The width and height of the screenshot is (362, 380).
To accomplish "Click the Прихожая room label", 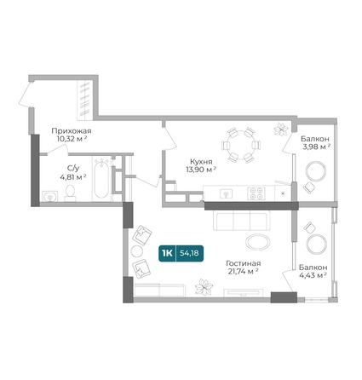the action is [x=72, y=131].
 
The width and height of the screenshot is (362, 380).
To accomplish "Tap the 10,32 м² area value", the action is [x=72, y=139].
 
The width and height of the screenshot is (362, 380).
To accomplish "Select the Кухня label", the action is [x=201, y=162].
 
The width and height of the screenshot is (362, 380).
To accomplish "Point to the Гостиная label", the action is [x=244, y=263].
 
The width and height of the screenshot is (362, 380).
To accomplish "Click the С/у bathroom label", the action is [x=73, y=169].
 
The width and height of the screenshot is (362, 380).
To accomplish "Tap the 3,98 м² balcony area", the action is [x=316, y=147].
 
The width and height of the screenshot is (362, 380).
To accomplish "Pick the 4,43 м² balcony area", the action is [x=313, y=275].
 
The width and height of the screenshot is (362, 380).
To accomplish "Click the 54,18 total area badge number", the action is [x=189, y=253].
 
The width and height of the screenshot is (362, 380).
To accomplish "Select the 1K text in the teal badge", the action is [x=167, y=253].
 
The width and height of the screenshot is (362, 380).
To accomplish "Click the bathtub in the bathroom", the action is [x=101, y=179].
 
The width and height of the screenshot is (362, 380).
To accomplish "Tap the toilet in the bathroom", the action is [x=70, y=193].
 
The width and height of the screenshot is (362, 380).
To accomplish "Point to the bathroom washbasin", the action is [x=50, y=196].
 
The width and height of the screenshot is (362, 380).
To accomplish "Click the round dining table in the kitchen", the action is [x=241, y=146].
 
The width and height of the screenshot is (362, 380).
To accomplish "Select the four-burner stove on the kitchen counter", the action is [x=256, y=193].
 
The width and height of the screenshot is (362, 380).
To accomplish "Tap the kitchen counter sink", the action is [x=227, y=194].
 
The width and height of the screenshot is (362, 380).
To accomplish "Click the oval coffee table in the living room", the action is [x=258, y=242].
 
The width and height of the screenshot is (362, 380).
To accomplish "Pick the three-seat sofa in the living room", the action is [x=242, y=220].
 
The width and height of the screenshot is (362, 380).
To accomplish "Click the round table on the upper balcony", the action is [x=316, y=171].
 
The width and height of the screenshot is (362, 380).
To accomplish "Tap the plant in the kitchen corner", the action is [x=281, y=129].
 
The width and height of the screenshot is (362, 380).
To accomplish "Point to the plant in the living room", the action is [x=204, y=287].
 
